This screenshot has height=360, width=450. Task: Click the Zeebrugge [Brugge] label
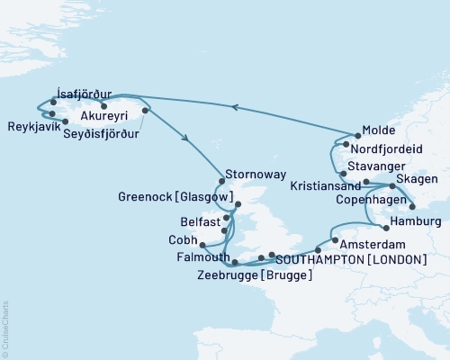click(255, 274)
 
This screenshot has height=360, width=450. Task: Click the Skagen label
click(417, 181)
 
